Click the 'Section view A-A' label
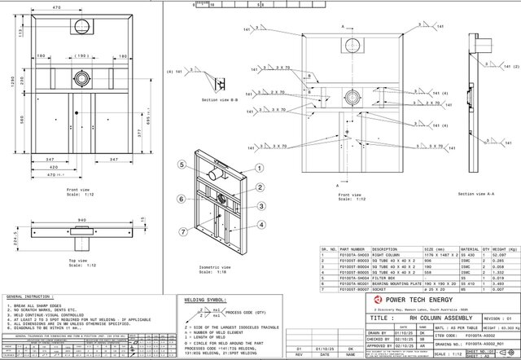click(x=475, y=194)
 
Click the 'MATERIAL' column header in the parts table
click(x=470, y=248)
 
